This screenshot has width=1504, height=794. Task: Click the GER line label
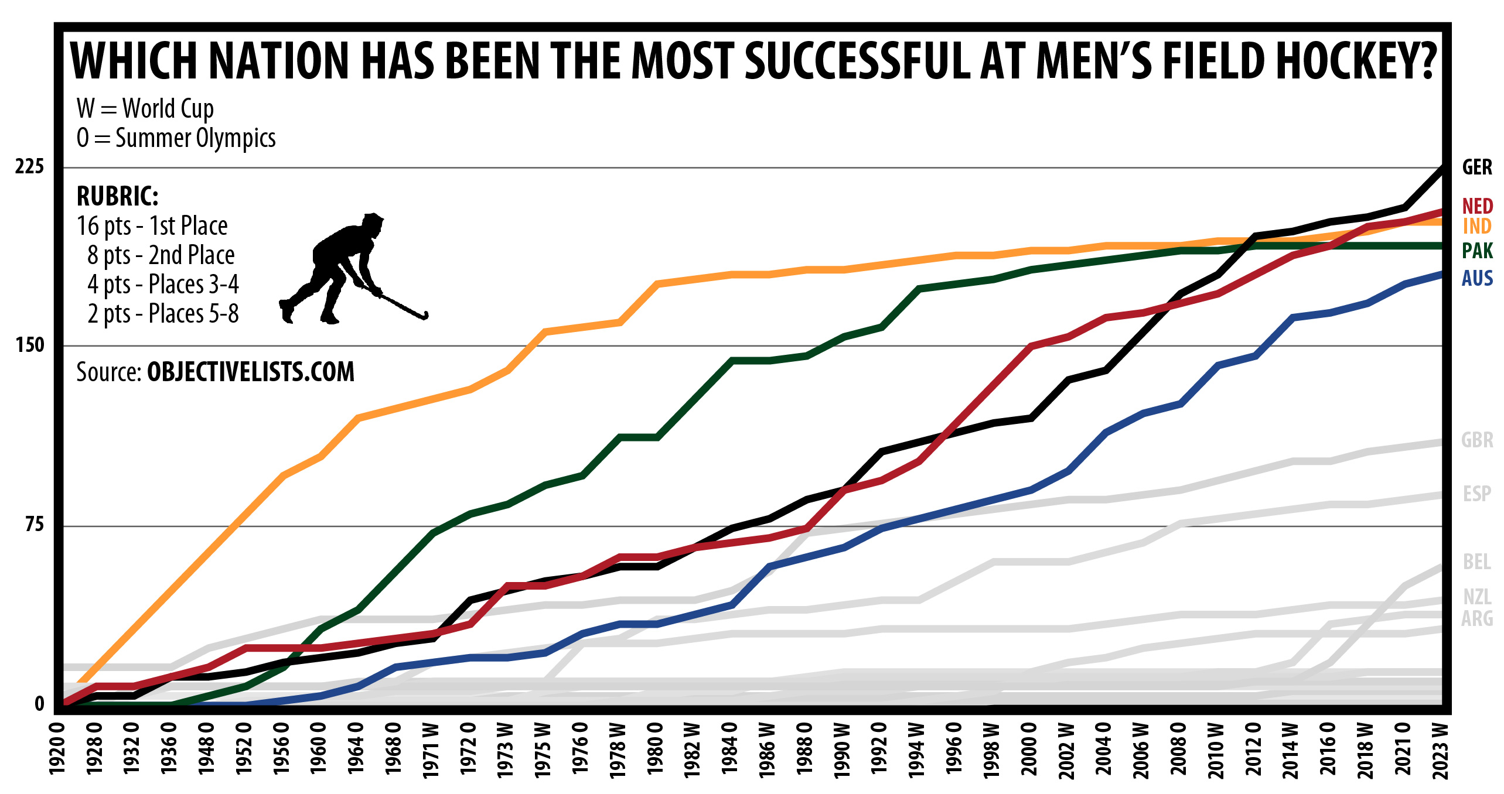coord(1476,167)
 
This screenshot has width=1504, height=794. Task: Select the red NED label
coord(1477,206)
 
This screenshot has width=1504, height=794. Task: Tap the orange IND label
coord(1477,226)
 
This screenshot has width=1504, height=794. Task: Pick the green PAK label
coord(1477,251)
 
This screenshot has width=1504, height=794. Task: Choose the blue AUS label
coord(1477,278)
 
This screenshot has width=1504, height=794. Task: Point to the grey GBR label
coord(1477,440)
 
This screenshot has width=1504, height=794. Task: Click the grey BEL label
coord(1477,562)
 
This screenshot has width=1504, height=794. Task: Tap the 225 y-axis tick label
coord(29,167)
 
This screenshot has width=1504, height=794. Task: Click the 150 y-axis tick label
coord(30,345)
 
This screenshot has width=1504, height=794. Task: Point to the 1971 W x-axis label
coord(431,751)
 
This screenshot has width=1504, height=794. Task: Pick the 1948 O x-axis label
coord(206,749)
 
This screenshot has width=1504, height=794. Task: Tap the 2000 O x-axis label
coord(1029,749)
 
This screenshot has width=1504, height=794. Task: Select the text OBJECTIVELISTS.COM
coord(250,372)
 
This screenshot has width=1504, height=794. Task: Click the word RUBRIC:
coord(117,196)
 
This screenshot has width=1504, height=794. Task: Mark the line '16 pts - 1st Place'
coord(152,226)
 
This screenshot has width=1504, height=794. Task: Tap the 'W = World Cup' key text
coord(145,108)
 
